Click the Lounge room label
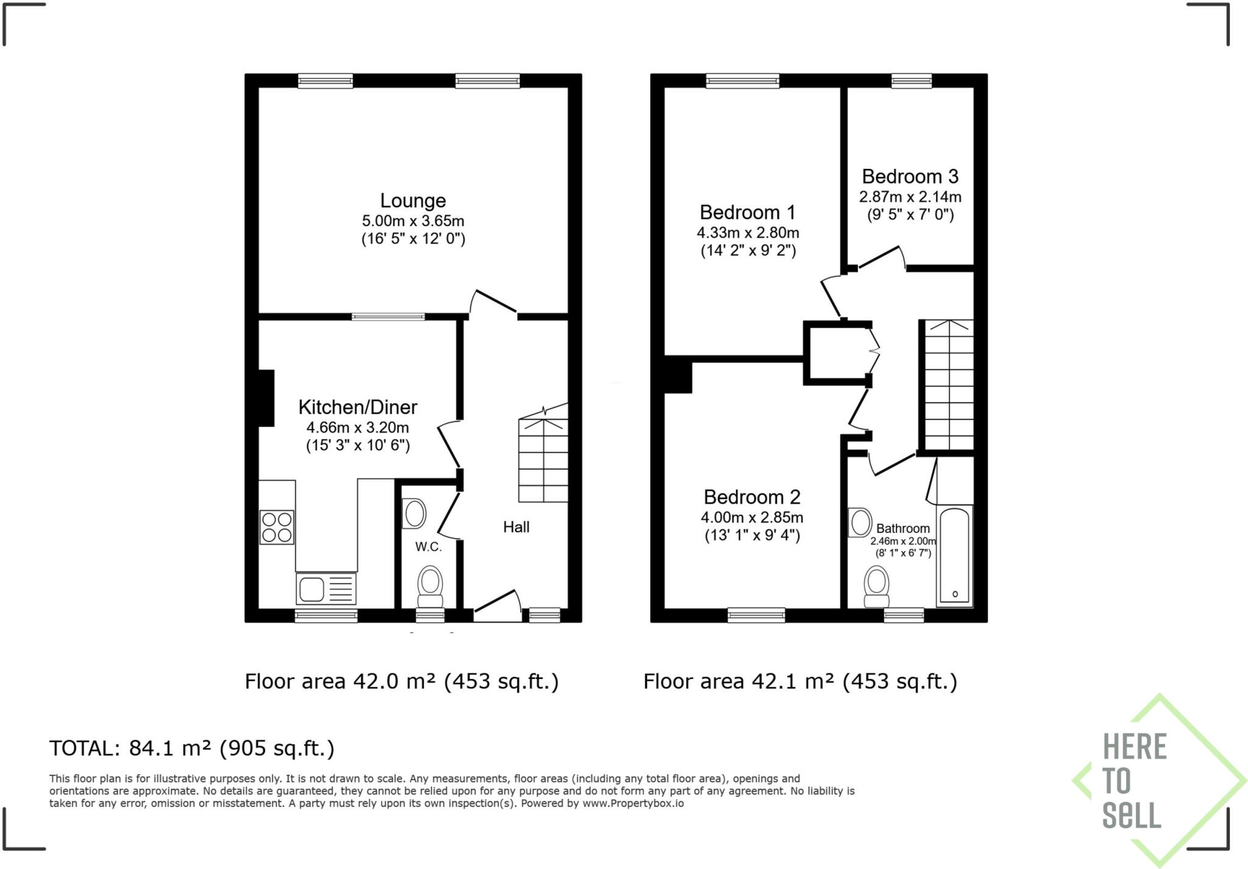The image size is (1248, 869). tap(413, 200)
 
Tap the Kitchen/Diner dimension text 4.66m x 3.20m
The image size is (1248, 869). tap(357, 427)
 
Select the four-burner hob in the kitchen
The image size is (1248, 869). tap(277, 527)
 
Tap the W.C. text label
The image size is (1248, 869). tap(428, 547)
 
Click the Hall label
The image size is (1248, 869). tap(516, 527)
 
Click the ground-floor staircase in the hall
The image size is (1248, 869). tap(543, 460)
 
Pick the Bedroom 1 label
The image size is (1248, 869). tap(747, 212)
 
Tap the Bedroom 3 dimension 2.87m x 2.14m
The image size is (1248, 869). tap(910, 197)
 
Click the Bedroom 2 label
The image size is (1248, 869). tap(751, 497)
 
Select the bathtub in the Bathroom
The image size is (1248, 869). tap(954, 556)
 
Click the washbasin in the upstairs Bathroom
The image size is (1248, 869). tap(860, 523)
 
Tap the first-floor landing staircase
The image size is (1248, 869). tap(949, 385)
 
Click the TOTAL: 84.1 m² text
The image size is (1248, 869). tap(192, 748)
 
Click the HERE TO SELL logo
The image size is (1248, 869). tap(1146, 781)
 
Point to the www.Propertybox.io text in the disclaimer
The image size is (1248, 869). tap(633, 803)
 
